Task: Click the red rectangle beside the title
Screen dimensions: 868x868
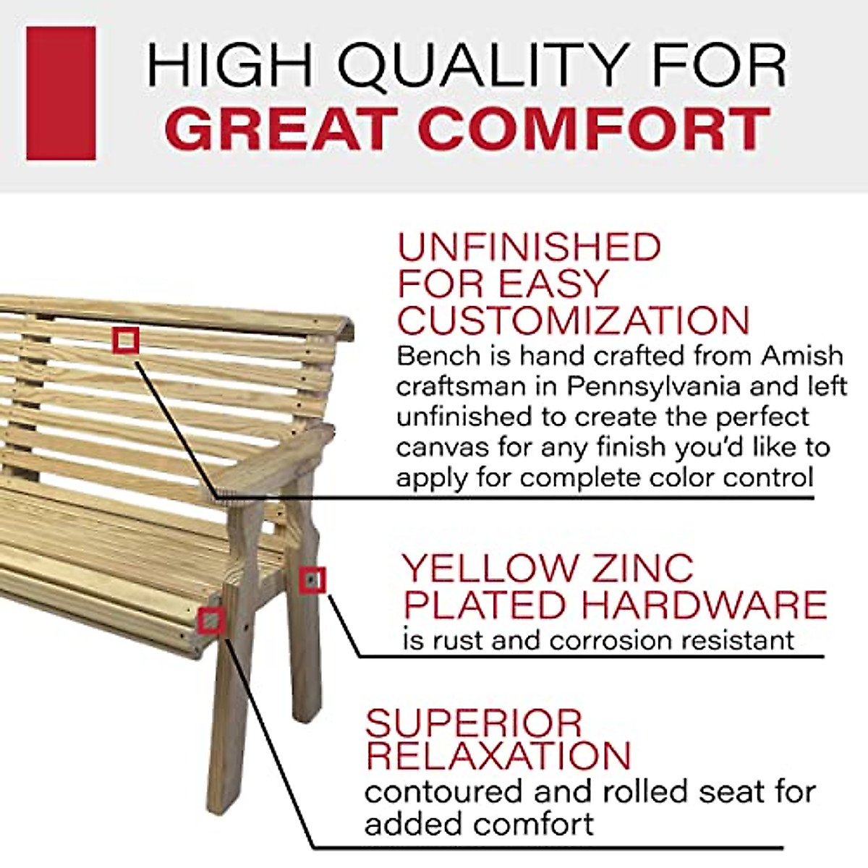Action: coord(61,93)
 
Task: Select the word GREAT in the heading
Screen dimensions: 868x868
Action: coord(283,129)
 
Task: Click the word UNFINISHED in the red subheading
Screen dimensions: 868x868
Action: coord(529,248)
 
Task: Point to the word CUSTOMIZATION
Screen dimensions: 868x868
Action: coord(574,320)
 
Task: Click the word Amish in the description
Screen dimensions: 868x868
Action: coord(802,356)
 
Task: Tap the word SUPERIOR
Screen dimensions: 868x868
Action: coord(473,723)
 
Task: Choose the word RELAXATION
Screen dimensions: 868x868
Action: coord(498,756)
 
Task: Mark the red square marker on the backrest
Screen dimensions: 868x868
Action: coord(126,340)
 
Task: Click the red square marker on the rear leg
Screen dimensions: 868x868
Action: coord(312,580)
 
